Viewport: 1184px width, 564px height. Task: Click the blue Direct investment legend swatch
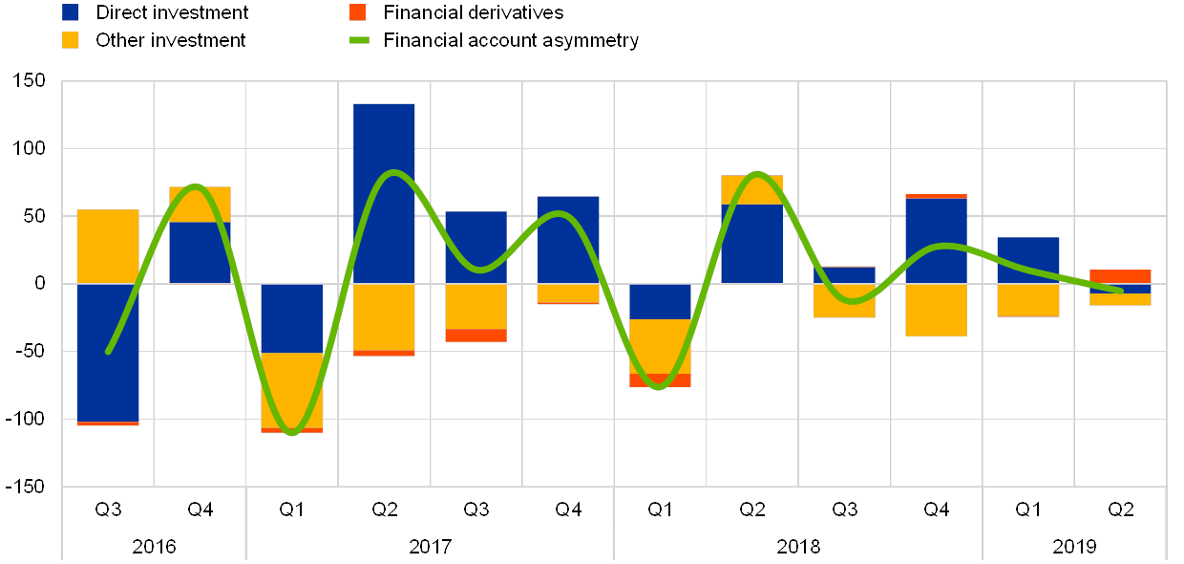[71, 12]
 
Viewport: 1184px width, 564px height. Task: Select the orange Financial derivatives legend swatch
[357, 12]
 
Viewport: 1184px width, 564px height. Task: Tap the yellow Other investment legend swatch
[71, 40]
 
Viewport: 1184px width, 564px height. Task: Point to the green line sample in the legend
[357, 40]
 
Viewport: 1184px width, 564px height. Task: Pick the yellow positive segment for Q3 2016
[108, 247]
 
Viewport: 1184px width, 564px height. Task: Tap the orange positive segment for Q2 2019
[1120, 276]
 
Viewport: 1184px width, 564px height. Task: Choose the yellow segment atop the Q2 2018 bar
[751, 189]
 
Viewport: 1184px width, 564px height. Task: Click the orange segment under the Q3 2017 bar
[476, 336]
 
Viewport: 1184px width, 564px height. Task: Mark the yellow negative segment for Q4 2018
[936, 310]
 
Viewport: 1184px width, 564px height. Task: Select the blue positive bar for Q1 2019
[1028, 260]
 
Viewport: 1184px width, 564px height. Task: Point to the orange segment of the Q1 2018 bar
[660, 380]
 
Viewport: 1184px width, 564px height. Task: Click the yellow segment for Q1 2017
[292, 390]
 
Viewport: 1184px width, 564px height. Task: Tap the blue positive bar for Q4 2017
[568, 240]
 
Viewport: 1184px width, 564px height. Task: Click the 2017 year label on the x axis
[430, 547]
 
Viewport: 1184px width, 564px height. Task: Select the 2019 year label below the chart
[1074, 547]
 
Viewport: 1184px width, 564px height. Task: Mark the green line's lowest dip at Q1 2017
[292, 433]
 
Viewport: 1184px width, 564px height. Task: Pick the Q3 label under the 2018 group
[844, 510]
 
